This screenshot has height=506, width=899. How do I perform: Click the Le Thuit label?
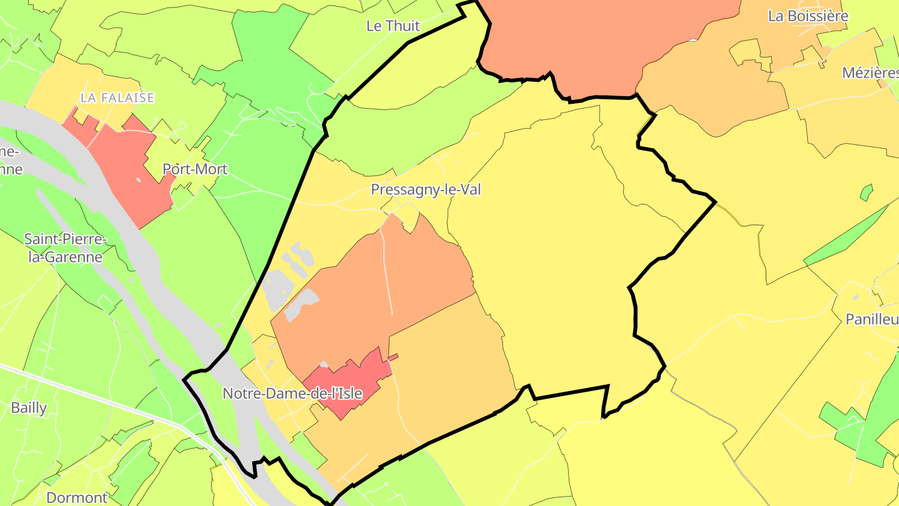point(393,26)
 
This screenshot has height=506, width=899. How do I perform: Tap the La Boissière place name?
point(808,16)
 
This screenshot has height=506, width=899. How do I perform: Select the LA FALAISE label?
point(117,98)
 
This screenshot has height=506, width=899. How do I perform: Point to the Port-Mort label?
point(195,169)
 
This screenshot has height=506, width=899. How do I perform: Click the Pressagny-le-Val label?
point(426,190)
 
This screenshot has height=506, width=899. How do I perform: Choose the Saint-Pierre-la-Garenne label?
point(65,247)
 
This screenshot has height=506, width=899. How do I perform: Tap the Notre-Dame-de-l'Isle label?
point(292,394)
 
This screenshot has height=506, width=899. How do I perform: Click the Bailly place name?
point(29,408)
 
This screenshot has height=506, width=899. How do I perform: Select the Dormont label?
point(77,498)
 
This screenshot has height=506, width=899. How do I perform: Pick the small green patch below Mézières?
point(866,192)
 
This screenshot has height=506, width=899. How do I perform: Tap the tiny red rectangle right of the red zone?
point(393,357)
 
